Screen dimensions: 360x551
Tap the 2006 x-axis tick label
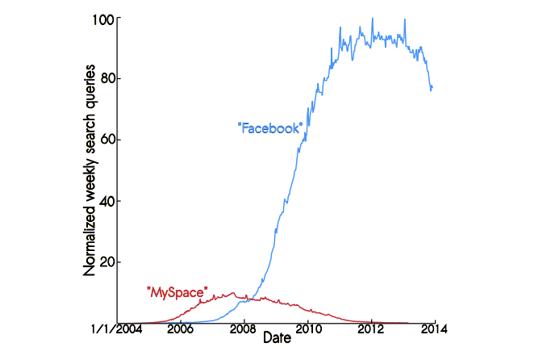[180, 329]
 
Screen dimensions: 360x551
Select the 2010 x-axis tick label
[307, 329]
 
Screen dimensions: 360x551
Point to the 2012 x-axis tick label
[371, 329]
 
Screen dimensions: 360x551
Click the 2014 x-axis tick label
[434, 329]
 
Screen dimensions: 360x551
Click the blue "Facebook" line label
[270, 128]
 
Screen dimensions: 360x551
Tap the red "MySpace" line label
[177, 291]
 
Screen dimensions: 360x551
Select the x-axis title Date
[277, 340]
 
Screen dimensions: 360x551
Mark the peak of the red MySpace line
[233, 292]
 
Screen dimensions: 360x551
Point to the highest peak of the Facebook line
[372, 19]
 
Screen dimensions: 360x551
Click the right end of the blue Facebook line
[433, 87]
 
